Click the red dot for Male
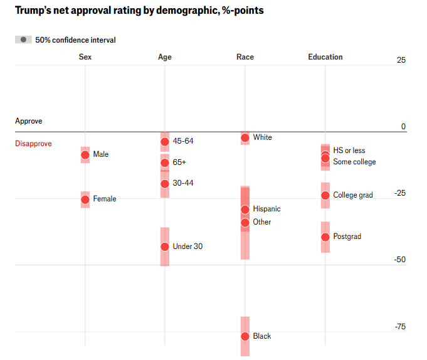point(85,154)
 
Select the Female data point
point(85,199)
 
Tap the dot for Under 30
point(165,247)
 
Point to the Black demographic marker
point(245,336)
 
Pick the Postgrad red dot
point(325,237)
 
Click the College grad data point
point(325,196)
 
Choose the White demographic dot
point(245,137)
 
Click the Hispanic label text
point(266,209)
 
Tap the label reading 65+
point(179,162)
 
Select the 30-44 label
point(183,183)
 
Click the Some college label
point(354,162)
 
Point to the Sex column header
point(85,57)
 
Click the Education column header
point(325,57)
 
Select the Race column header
point(245,57)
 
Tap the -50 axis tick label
point(399,260)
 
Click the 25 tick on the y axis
point(401,60)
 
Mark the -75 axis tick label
point(399,326)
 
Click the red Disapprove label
point(33,144)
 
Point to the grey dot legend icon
point(23,40)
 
